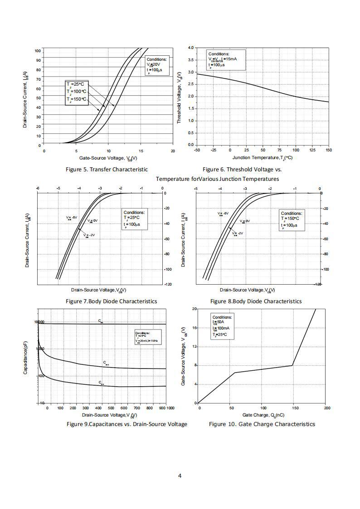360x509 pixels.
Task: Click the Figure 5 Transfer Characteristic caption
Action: [x=107, y=170]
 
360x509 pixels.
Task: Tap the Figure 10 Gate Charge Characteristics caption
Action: [x=262, y=424]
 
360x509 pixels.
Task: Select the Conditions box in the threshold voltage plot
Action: [x=225, y=60]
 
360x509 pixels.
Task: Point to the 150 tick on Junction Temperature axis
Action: [x=328, y=150]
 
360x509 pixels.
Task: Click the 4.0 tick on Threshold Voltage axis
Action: [x=190, y=48]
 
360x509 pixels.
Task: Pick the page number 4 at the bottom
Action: [x=180, y=475]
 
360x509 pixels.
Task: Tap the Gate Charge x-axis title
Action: [x=263, y=415]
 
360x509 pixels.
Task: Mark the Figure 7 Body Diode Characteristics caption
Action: [x=111, y=301]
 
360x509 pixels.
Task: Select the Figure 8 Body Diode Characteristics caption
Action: [x=256, y=301]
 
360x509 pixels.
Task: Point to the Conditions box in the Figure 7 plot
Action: [x=135, y=219]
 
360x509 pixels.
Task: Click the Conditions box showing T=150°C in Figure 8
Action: [x=292, y=219]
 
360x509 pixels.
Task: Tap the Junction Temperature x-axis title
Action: [x=263, y=158]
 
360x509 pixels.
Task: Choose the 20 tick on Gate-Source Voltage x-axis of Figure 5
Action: [x=173, y=151]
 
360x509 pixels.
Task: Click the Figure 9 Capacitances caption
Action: [x=126, y=424]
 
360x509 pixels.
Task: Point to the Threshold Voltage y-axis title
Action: [x=180, y=97]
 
